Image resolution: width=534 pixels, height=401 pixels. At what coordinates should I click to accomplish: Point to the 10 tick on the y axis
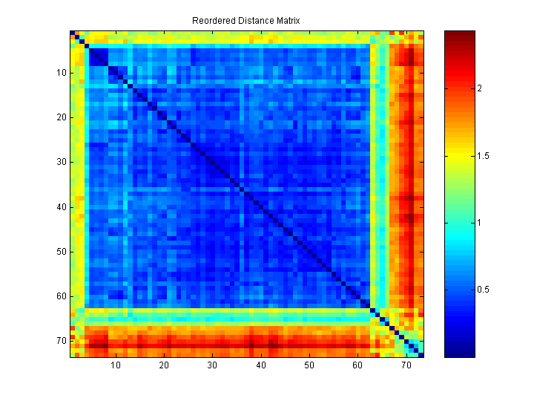click(x=61, y=73)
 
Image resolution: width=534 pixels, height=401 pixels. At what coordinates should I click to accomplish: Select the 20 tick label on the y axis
click(x=61, y=117)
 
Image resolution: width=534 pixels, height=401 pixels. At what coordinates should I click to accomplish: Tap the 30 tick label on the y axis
click(x=61, y=162)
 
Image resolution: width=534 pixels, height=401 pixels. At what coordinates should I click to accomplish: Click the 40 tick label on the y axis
click(x=61, y=207)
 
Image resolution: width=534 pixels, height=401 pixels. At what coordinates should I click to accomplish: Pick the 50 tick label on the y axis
click(x=61, y=252)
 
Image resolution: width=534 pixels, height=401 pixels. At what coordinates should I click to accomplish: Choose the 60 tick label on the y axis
click(x=61, y=296)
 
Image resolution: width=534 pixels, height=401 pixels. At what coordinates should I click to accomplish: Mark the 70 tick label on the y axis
click(x=61, y=341)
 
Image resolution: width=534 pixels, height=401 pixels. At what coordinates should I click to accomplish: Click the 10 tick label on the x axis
click(x=116, y=365)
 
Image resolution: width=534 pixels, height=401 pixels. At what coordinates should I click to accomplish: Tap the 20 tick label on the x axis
click(x=164, y=365)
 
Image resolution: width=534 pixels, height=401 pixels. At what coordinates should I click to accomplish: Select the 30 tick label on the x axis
click(x=212, y=365)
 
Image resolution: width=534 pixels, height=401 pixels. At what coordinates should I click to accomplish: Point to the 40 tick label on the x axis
click(x=261, y=365)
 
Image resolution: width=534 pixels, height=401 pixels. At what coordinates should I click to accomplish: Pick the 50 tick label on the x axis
click(x=309, y=365)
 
